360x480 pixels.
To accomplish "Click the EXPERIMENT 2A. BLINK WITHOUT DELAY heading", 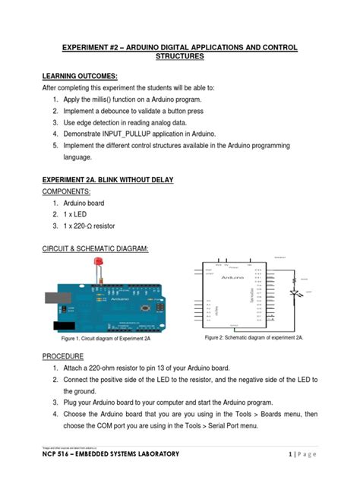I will tap(108, 180).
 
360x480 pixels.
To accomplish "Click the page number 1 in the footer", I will tap(291, 453).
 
